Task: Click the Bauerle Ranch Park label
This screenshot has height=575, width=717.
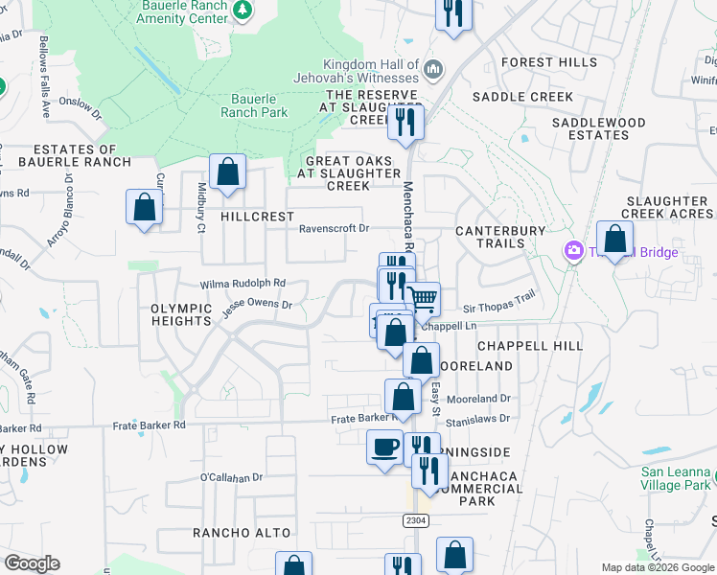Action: [x=254, y=105]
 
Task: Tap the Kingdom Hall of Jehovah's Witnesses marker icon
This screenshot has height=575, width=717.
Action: [x=433, y=68]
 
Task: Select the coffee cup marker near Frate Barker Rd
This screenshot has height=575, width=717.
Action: [x=385, y=447]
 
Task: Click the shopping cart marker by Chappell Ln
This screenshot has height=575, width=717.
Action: [x=423, y=299]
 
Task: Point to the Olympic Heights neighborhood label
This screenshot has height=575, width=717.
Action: [x=180, y=314]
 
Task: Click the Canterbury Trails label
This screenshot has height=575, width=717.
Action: [x=500, y=237]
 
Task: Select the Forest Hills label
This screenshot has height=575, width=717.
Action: [x=547, y=62]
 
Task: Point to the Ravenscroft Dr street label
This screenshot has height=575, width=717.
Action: [x=334, y=229]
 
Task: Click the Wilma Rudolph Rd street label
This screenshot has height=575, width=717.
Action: [x=243, y=284]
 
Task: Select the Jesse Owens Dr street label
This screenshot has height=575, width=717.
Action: [x=256, y=307]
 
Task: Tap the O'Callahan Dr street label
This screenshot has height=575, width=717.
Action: [x=231, y=476]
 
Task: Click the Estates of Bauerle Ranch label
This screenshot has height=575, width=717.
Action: [x=81, y=155]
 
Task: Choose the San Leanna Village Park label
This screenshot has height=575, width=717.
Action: [x=676, y=478]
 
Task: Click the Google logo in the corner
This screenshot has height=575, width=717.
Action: [x=32, y=563]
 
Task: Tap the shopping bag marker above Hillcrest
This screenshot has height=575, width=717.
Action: [x=228, y=173]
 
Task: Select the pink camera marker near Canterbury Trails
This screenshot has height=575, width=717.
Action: [x=573, y=251]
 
